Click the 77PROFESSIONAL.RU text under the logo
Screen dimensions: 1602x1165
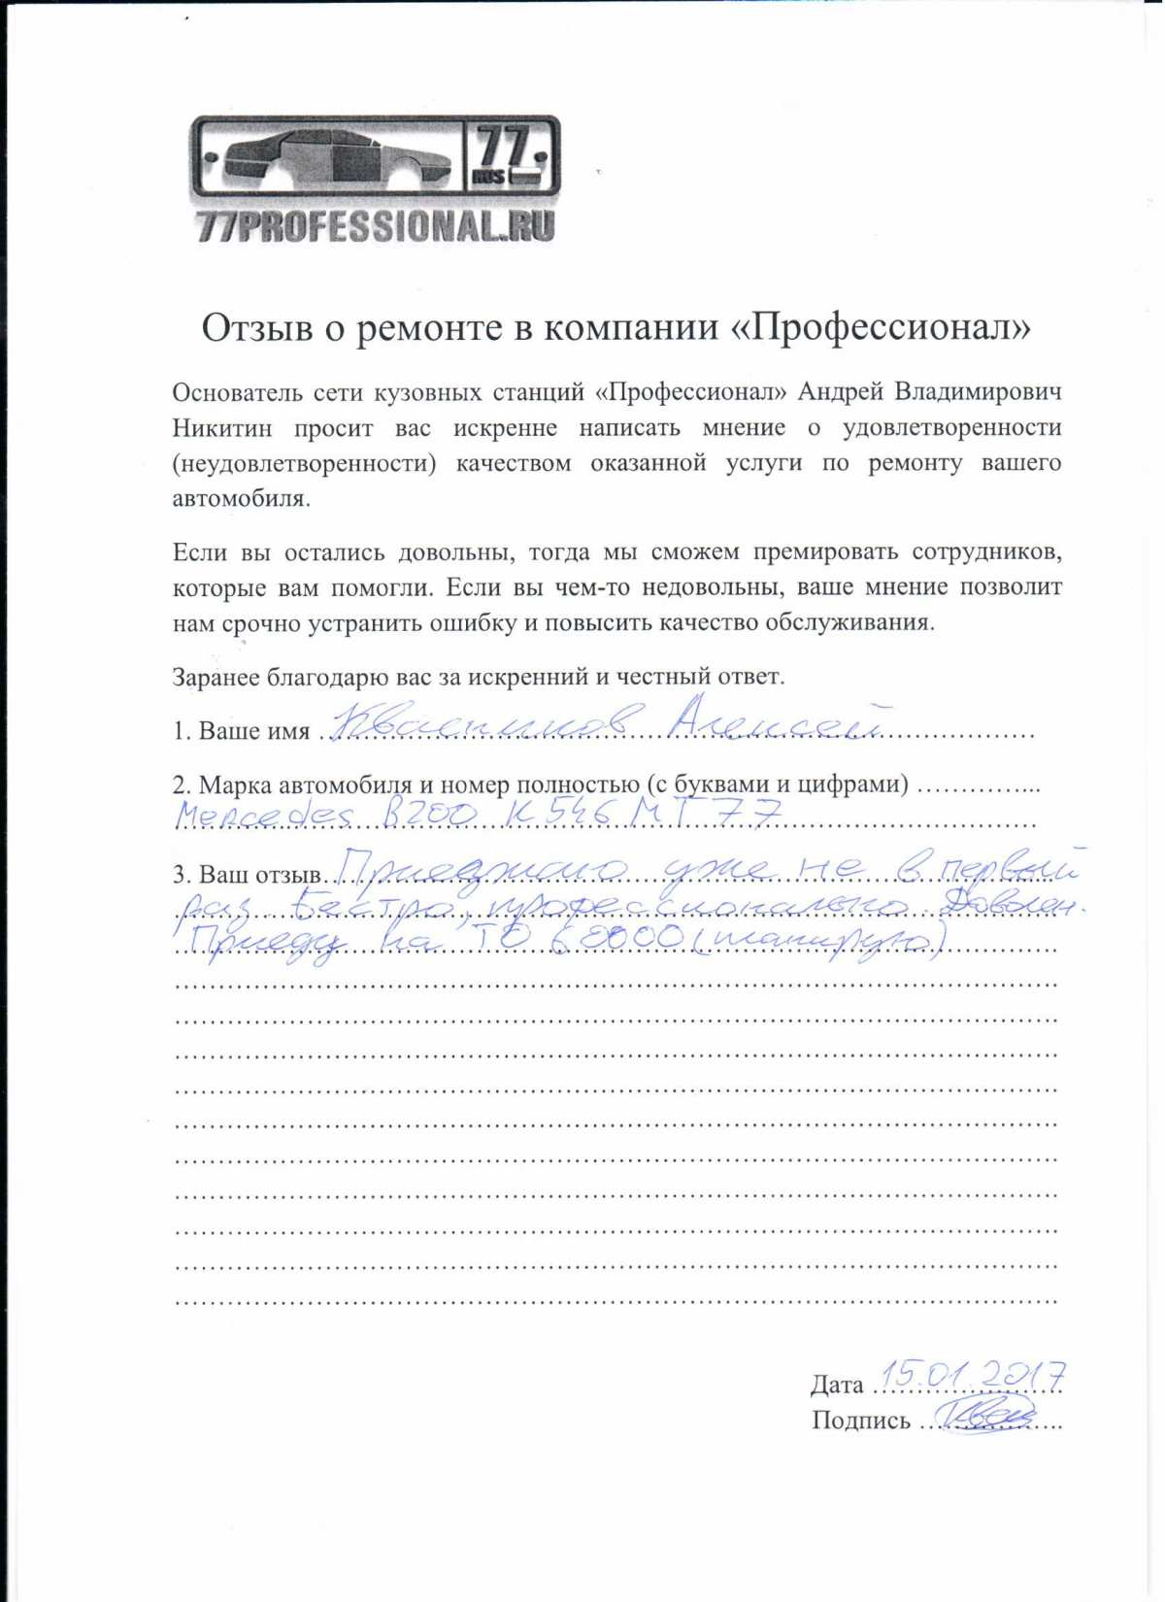tap(376, 226)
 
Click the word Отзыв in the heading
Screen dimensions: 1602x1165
tap(257, 328)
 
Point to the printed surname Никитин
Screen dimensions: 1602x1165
tap(222, 428)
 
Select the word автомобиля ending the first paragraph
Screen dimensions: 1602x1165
tap(241, 499)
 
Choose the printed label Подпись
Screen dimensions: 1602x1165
tap(861, 1421)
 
